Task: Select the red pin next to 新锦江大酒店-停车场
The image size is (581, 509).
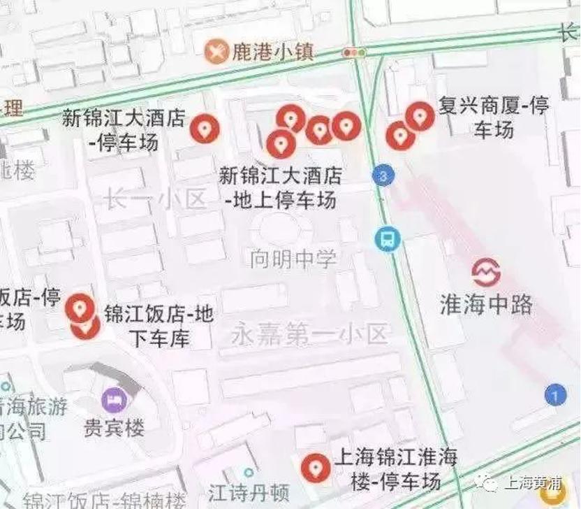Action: [x=205, y=128]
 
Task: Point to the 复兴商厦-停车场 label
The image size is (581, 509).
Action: [x=494, y=117]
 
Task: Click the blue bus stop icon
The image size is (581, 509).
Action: [x=385, y=239]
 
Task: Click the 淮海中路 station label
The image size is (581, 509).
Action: [x=486, y=304]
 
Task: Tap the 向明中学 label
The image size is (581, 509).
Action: [x=293, y=259]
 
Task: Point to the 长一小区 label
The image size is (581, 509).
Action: [x=155, y=200]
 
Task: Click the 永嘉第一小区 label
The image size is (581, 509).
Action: [x=309, y=334]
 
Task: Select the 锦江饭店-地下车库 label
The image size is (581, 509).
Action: [x=159, y=326]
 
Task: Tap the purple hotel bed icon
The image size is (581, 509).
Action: [x=112, y=400]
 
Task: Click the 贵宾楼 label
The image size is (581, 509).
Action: [x=114, y=426]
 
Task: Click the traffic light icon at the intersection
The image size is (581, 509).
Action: [x=354, y=52]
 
